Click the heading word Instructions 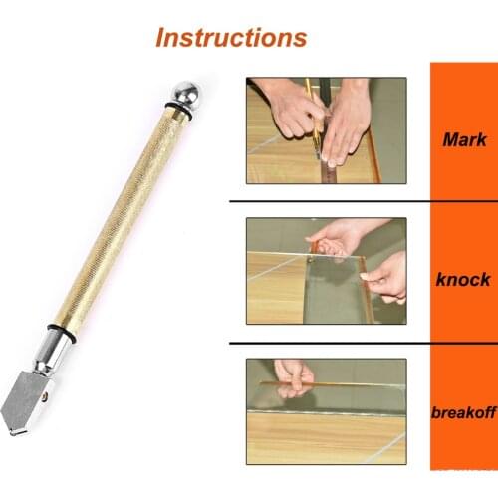click(231, 37)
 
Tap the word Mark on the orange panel click(464, 139)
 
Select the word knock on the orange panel click(463, 279)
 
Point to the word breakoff click(464, 413)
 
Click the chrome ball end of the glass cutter click(186, 93)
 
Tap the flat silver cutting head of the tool click(27, 403)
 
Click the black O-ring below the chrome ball click(178, 111)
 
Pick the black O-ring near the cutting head click(62, 333)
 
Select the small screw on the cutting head click(45, 395)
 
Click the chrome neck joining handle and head click(52, 352)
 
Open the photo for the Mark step click(327, 130)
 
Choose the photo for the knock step click(327, 271)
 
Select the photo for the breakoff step click(327, 411)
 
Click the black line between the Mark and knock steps click(364, 201)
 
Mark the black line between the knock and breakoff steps click(364, 343)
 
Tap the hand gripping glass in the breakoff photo click(294, 377)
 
